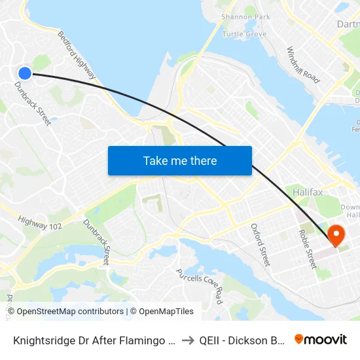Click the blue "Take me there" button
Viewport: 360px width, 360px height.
click(179, 160)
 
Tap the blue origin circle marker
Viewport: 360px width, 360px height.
click(25, 73)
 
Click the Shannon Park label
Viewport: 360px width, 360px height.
click(245, 16)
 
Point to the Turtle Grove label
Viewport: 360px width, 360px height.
click(243, 33)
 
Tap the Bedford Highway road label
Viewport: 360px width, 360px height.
click(77, 56)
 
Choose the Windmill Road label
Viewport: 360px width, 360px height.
click(303, 64)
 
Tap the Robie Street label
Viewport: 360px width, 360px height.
click(307, 249)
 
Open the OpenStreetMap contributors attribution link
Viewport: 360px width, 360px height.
click(70, 312)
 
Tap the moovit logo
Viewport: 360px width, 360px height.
click(320, 339)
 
